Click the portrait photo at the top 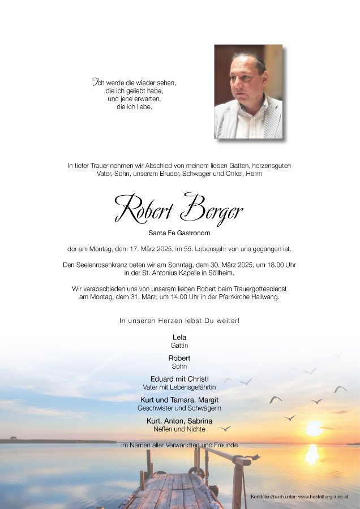tap(248, 91)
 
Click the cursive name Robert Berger tap(179, 208)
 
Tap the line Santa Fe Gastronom tap(179, 232)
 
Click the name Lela tap(179, 337)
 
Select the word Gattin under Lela tap(179, 345)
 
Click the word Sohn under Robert tap(179, 366)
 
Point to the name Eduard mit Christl tap(179, 379)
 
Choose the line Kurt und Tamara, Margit tap(179, 400)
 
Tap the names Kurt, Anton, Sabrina tap(179, 421)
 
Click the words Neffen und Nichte tap(179, 429)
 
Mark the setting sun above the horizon tap(313, 429)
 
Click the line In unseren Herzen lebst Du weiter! tap(179, 321)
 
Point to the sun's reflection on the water tap(312, 454)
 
